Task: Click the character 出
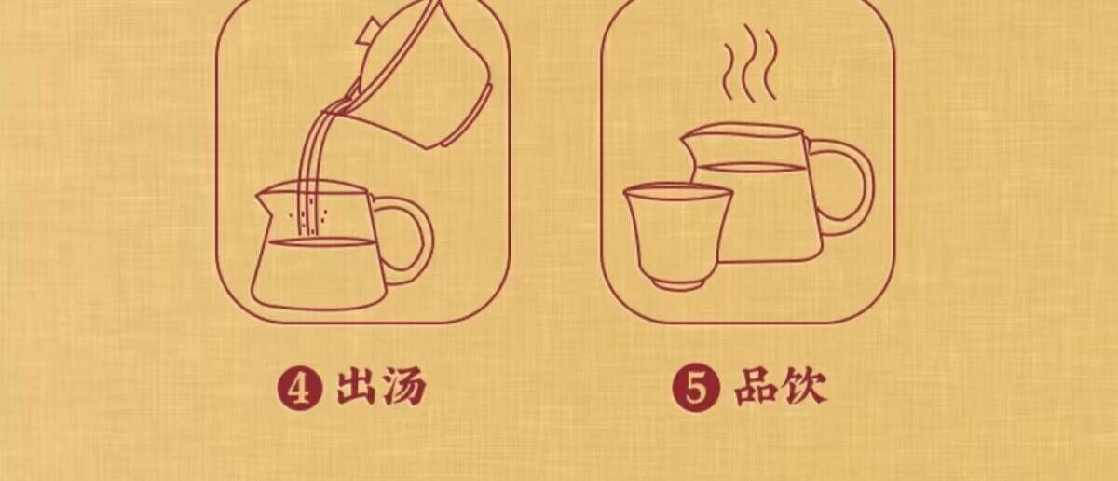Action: point(356,386)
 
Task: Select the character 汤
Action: point(404,386)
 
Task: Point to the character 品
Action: point(755,386)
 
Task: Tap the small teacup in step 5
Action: point(678,236)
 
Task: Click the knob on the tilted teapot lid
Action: point(368,31)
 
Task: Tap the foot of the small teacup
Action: point(678,284)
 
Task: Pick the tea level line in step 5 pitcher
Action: point(750,168)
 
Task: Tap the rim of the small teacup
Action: point(678,192)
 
